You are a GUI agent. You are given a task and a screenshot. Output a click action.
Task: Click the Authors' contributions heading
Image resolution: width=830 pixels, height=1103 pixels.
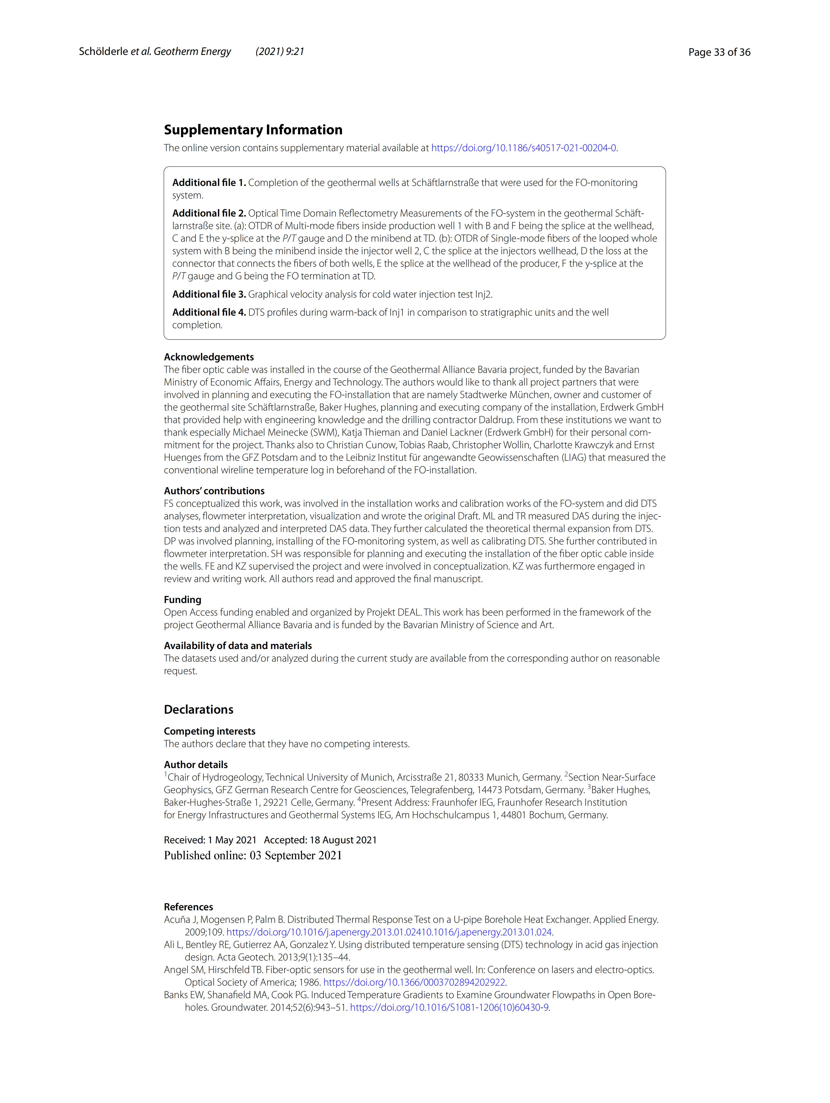click(214, 491)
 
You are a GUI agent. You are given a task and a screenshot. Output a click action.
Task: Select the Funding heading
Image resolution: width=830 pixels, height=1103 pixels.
click(182, 600)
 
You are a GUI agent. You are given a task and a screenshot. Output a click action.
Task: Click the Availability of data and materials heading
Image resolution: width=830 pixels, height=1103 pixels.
click(238, 646)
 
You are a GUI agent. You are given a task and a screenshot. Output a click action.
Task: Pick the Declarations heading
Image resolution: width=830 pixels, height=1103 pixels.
click(198, 709)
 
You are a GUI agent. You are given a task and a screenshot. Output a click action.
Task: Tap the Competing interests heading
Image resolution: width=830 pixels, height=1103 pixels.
click(209, 731)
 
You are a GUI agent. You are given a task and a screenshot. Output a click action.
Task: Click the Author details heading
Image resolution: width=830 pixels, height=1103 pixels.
click(196, 765)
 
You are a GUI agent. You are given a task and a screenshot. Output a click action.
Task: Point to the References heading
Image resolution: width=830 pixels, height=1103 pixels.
click(188, 907)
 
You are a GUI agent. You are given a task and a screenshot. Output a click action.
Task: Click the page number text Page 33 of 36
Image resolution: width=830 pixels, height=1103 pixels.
click(719, 52)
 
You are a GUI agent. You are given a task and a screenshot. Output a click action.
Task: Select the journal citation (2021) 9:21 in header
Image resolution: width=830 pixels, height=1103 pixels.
click(280, 51)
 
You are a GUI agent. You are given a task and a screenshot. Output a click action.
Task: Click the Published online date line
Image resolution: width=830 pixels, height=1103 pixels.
click(253, 856)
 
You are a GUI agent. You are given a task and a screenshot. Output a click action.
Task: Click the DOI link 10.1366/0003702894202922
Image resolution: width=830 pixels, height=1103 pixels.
click(414, 982)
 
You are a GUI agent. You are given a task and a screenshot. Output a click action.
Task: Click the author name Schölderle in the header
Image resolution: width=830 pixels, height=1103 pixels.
click(103, 51)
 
